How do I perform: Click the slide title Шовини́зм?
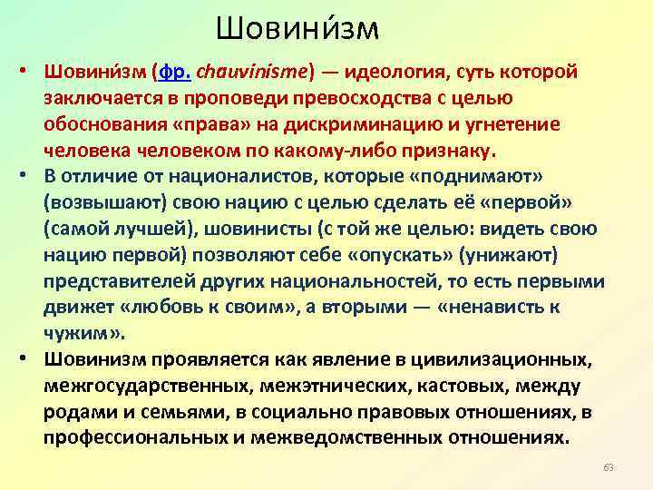tap(297, 29)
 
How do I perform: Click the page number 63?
tap(608, 467)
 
